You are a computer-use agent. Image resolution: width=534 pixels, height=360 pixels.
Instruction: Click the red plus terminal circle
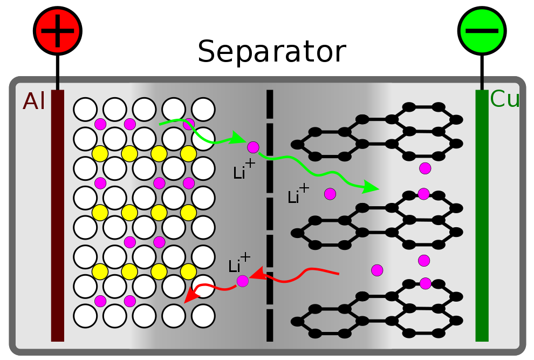pos(58,31)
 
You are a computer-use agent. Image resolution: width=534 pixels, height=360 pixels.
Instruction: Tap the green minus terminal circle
pos(482,31)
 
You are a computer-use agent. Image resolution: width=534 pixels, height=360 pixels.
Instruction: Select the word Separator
pos(272,51)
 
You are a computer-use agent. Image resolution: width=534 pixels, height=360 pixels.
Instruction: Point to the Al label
pos(33,101)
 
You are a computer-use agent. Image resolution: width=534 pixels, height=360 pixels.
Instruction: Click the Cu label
pos(504,99)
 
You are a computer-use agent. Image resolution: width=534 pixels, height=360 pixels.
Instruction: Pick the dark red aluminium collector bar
pos(58,215)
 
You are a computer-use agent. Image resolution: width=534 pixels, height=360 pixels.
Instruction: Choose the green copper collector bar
pos(482,215)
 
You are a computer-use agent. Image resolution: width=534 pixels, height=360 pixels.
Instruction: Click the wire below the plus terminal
pos(58,72)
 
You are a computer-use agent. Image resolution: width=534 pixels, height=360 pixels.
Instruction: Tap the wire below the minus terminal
pos(482,72)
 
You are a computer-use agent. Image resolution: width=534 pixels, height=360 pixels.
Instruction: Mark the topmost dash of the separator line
pos(270,104)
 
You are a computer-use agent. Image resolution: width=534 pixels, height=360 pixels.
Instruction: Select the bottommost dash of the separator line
pos(270,325)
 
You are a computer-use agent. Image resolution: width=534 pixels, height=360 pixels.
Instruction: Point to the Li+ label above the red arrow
pos(239,263)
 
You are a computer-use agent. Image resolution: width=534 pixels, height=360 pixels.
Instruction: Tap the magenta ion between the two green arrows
pos(253,147)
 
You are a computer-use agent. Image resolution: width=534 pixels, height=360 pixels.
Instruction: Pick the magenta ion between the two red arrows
pos(243,281)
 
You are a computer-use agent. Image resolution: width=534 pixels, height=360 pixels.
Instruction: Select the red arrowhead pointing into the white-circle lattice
pos(191,295)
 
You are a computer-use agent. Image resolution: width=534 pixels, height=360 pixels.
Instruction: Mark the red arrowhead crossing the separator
pos(258,274)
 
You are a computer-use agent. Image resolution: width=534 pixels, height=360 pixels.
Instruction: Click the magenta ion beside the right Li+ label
pos(330,194)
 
